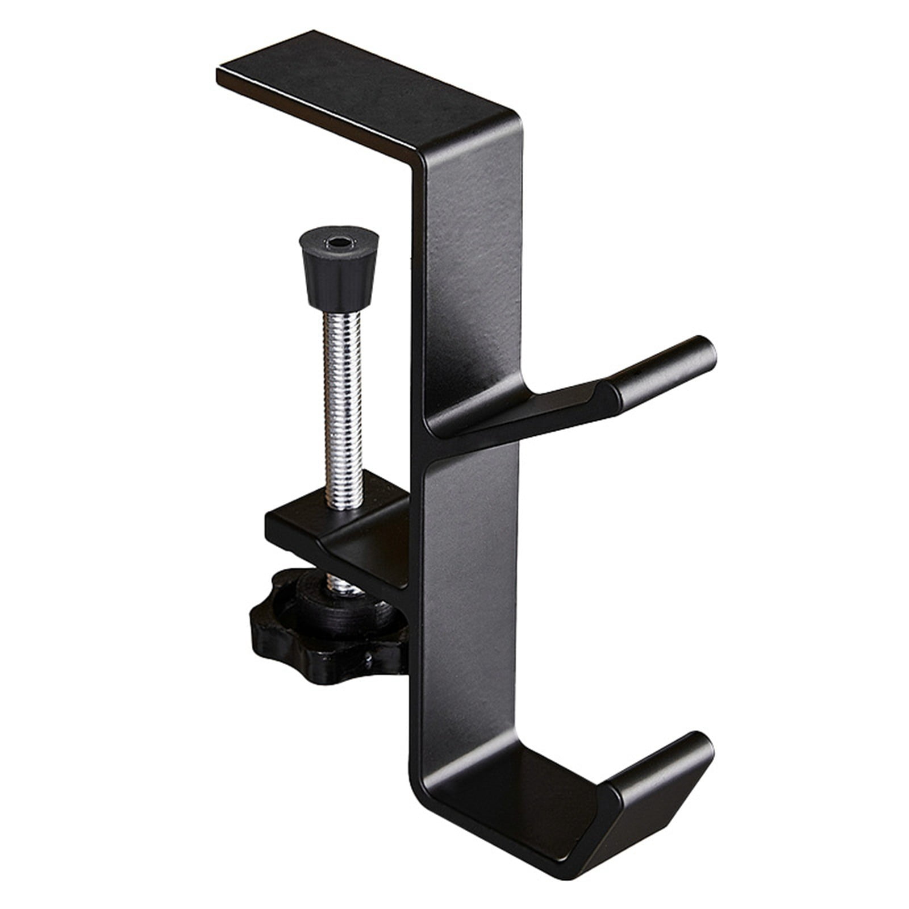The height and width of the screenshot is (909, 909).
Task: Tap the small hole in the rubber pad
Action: (339, 244)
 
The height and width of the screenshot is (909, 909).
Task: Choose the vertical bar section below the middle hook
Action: (472, 597)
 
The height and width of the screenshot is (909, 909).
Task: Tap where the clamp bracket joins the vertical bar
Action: (406, 545)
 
